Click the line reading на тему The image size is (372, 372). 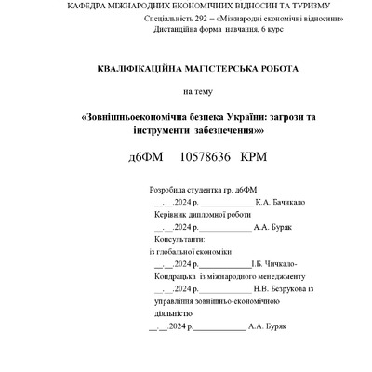(x=198, y=92)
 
